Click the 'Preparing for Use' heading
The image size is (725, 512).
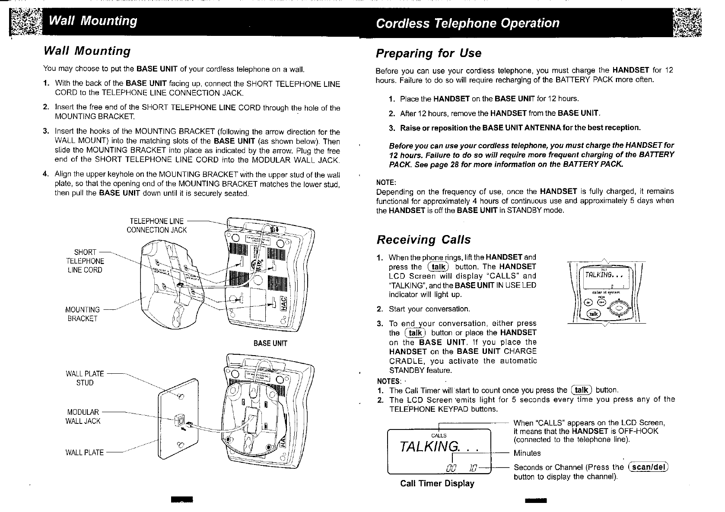pyautogui.click(x=428, y=53)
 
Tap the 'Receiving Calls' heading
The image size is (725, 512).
pyautogui.click(x=423, y=239)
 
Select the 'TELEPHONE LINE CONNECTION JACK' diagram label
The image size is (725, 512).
pyautogui.click(x=156, y=226)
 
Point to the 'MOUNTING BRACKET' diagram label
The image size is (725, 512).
pyautogui.click(x=82, y=314)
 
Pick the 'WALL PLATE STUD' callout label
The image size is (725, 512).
pyautogui.click(x=85, y=378)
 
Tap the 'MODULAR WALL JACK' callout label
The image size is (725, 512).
pyautogui.click(x=83, y=417)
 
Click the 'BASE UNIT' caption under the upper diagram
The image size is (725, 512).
pyautogui.click(x=270, y=343)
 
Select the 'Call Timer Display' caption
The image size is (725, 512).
pyautogui.click(x=437, y=483)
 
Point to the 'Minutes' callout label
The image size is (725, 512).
pyautogui.click(x=526, y=453)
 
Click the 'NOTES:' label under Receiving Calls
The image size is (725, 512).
pyautogui.click(x=388, y=381)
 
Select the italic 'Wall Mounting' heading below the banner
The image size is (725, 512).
pyautogui.click(x=87, y=51)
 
